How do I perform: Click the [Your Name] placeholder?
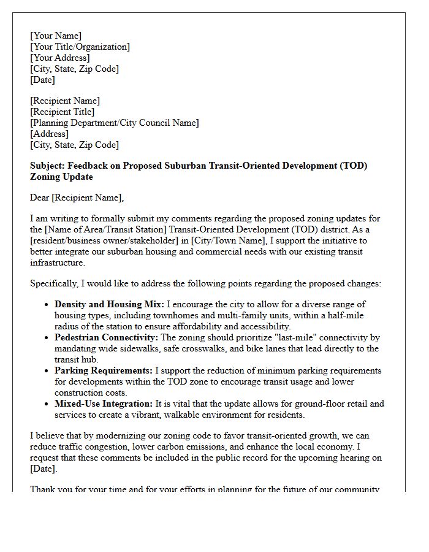coord(56,36)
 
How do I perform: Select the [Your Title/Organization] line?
coord(80,47)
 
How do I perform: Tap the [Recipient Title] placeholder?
coord(63,112)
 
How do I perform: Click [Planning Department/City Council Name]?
coord(115,123)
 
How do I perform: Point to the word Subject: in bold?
coord(47,166)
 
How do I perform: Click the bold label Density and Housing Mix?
coord(109,304)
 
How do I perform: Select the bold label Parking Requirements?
coord(104,370)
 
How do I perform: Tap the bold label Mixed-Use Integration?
coord(104,404)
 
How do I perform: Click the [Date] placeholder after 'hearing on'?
coord(42,469)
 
